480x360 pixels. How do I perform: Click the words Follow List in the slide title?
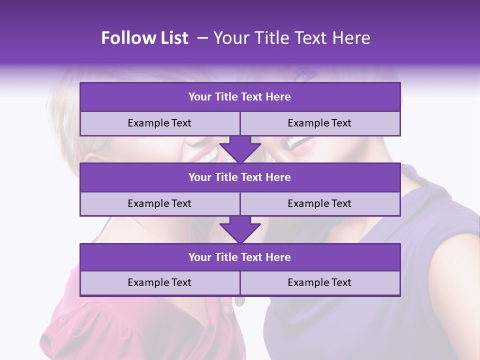(x=144, y=38)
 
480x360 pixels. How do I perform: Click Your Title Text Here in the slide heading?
(x=291, y=38)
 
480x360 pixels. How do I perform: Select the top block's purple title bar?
(x=240, y=97)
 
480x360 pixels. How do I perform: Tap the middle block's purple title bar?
(x=240, y=177)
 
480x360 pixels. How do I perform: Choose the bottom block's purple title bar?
(x=240, y=257)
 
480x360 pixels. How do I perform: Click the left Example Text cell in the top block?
(x=159, y=123)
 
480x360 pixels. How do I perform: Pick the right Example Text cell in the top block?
(x=319, y=123)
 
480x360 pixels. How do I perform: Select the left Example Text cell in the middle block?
(x=159, y=204)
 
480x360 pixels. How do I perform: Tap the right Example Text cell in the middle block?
(x=319, y=204)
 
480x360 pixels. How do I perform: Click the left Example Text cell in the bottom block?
(x=159, y=283)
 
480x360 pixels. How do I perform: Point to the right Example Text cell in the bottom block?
(x=319, y=283)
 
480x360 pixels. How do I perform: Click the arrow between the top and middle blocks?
(x=240, y=149)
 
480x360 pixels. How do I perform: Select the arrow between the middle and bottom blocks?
(x=240, y=229)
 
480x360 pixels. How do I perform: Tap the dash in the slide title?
(x=202, y=38)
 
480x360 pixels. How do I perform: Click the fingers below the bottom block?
(x=240, y=301)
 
